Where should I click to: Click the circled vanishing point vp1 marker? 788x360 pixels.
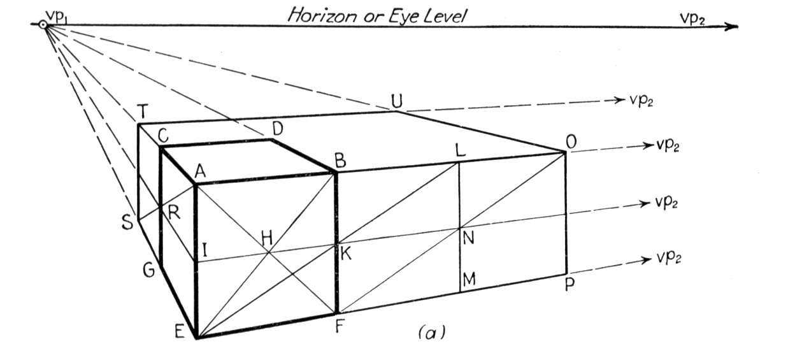(43, 25)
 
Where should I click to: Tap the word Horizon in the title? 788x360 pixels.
(322, 15)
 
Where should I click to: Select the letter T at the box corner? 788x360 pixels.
(143, 112)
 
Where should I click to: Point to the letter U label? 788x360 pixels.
(397, 101)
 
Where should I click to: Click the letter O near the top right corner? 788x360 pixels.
(571, 142)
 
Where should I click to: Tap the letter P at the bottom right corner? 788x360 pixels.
(570, 284)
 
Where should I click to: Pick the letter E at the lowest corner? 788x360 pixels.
(180, 331)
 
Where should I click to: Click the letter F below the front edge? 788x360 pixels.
(339, 326)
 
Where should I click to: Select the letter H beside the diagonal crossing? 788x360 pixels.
(267, 238)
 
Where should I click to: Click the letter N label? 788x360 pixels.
(469, 238)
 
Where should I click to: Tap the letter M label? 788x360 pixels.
(469, 279)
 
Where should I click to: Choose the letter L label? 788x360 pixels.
(461, 150)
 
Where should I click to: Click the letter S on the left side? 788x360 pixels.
(127, 222)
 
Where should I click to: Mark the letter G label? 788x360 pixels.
(149, 271)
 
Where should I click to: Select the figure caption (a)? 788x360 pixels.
(432, 332)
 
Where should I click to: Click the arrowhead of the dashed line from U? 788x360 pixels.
(619, 100)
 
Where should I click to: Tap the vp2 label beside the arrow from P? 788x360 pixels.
(669, 258)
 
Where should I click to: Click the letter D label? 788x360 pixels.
(278, 129)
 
